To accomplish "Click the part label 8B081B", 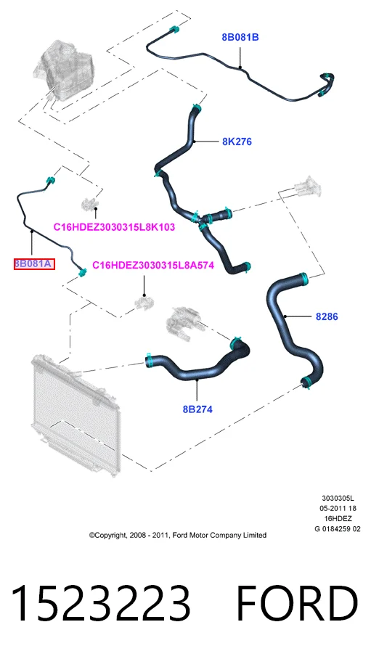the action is pos(240,38).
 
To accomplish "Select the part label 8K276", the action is pos(237,142).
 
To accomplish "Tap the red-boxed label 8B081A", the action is pos(34,264).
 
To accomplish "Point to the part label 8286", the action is pos(327,316).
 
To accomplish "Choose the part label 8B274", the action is pos(197,409).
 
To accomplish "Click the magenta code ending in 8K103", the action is pos(114,227).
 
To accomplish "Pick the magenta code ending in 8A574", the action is pos(153,265).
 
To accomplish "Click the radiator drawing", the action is pos(76,414).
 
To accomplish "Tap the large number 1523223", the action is pos(101,603).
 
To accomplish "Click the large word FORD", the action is pos(297,603).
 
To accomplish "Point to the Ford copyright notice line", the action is pos(177,535).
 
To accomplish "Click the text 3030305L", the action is pos(338,499).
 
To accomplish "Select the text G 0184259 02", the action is pos(338,528).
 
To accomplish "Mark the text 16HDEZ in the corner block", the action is pos(338,519).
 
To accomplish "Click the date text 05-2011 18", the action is pos(338,509).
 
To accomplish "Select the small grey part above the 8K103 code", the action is pos(90,203).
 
